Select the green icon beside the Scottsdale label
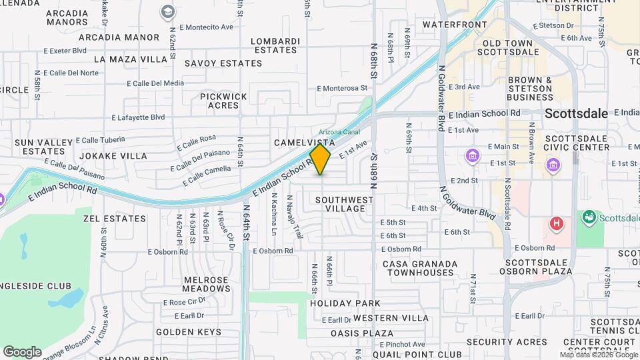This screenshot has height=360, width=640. (x=589, y=217)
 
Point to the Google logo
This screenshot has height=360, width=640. (x=22, y=351)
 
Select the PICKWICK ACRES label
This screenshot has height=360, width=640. (x=223, y=101)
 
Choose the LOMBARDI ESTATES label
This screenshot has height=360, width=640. (x=275, y=45)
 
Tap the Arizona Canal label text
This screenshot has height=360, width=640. (x=339, y=132)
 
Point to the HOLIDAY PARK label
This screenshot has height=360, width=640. (x=345, y=303)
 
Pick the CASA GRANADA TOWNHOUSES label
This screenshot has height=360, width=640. (x=420, y=269)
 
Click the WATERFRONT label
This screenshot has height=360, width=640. (x=455, y=25)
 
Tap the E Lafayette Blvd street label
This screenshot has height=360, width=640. (x=138, y=117)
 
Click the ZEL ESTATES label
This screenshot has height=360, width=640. (x=115, y=218)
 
